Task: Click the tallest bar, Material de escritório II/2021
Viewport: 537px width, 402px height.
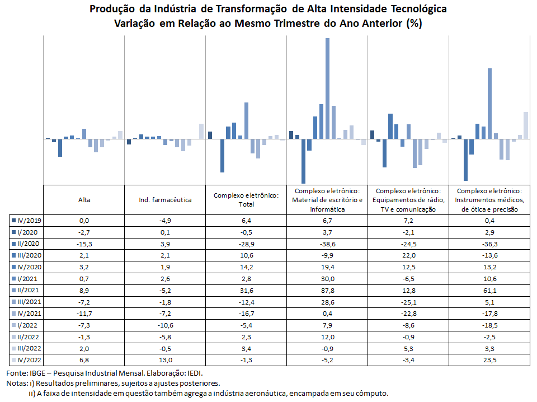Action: tap(327, 88)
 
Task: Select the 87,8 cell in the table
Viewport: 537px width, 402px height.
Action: tap(327, 291)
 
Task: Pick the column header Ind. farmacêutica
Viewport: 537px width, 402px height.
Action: tap(165, 200)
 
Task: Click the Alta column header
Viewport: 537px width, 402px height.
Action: tap(84, 200)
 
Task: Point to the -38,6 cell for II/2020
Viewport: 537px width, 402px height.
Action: tap(327, 244)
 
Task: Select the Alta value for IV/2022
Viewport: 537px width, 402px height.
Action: tap(84, 360)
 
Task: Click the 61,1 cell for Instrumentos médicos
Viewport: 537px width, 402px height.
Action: tap(490, 291)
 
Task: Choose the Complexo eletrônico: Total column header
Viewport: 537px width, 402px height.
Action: tap(246, 200)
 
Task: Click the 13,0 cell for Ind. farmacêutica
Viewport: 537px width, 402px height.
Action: tap(165, 360)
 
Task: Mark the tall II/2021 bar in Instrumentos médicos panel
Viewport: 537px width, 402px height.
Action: tap(490, 104)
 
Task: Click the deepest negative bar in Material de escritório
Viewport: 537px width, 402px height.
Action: tap(303, 161)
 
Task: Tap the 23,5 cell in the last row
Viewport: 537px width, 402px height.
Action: tap(490, 360)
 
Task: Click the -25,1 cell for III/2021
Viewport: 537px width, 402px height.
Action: tap(408, 302)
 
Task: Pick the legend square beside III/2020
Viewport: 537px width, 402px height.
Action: tap(13, 255)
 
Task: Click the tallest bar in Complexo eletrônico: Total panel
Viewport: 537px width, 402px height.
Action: tap(246, 120)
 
